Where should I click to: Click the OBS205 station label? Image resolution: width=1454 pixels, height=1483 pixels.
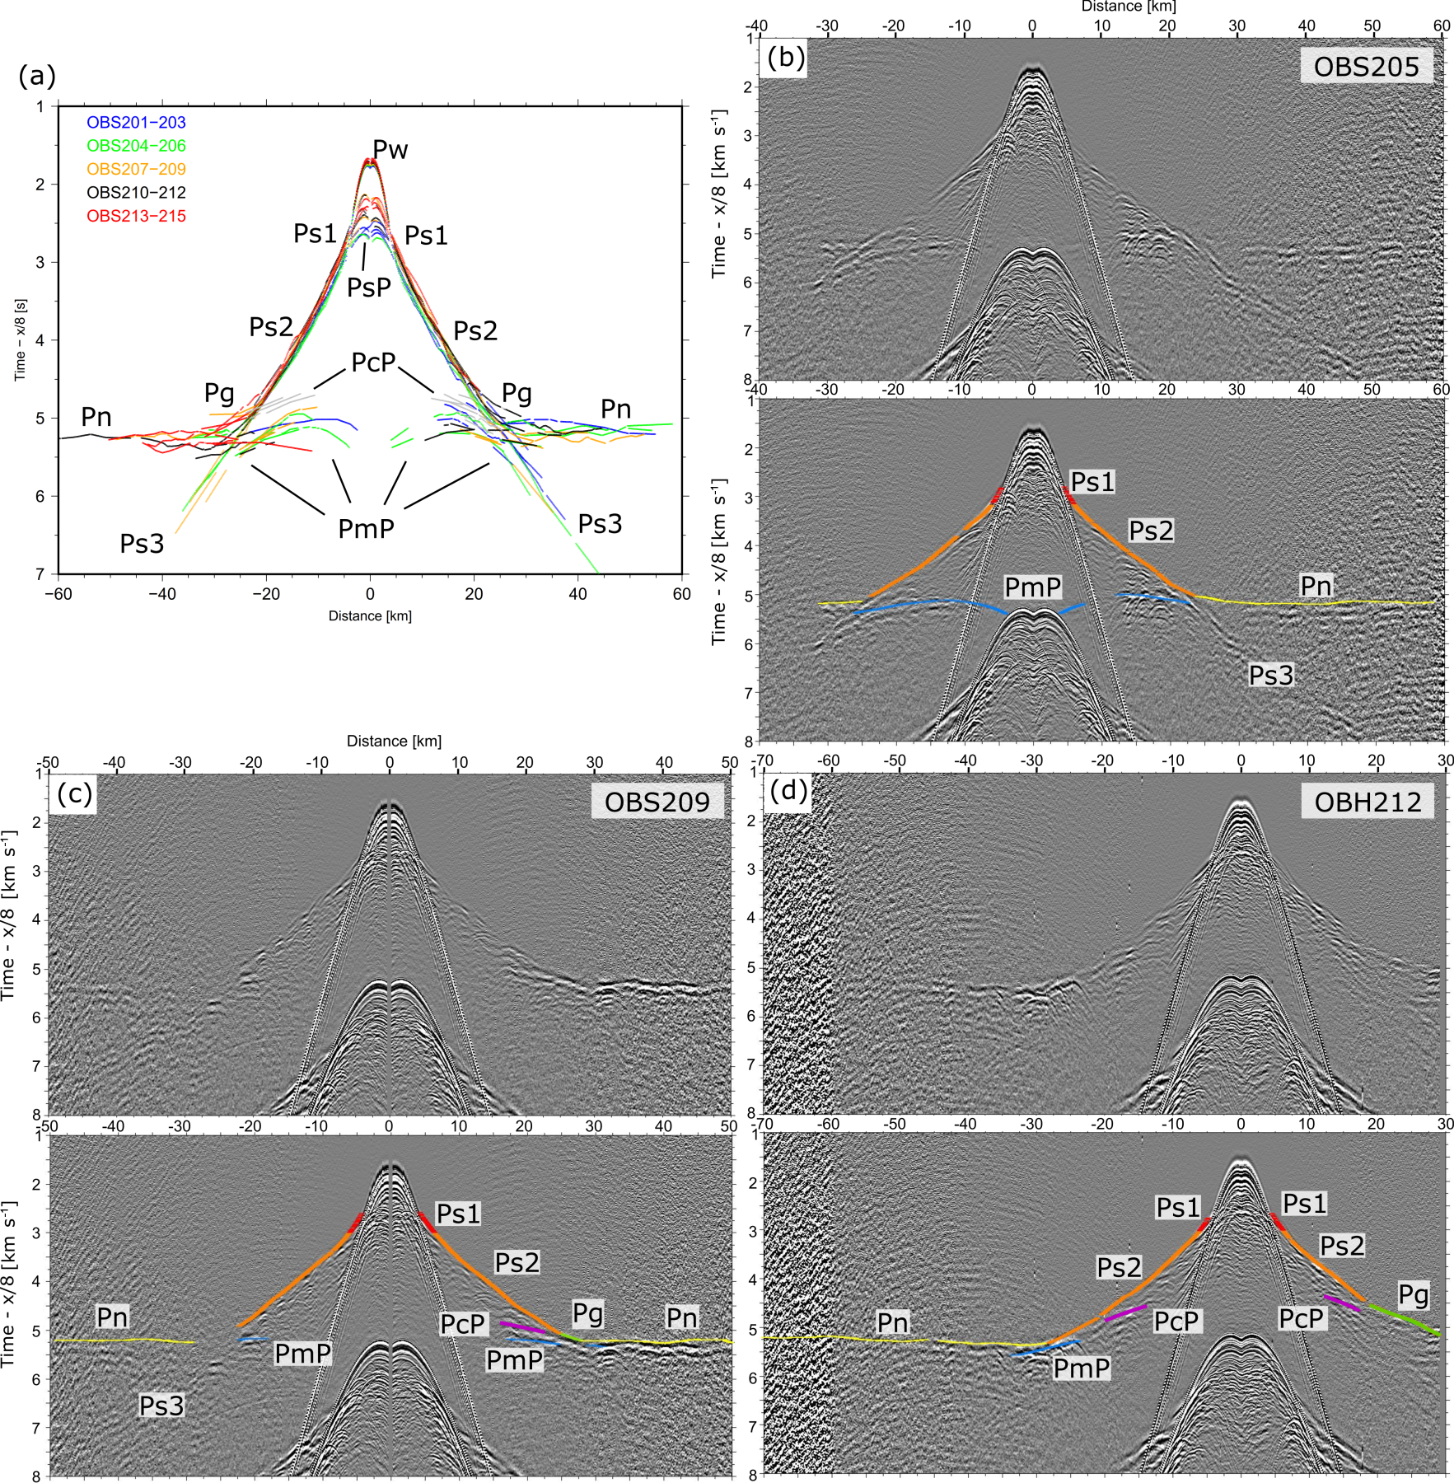tap(1366, 66)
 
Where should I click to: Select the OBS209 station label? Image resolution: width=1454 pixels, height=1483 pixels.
tap(657, 802)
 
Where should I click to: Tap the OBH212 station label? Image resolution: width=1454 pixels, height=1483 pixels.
tap(1367, 802)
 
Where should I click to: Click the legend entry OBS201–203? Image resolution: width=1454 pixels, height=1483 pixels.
tap(136, 123)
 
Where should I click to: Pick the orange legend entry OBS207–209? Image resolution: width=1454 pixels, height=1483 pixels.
tap(136, 169)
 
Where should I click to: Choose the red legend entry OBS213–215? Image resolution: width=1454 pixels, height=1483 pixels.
tap(136, 216)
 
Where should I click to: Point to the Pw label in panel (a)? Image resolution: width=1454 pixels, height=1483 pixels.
tap(390, 149)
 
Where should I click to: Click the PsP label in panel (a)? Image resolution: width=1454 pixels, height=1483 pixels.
tap(368, 288)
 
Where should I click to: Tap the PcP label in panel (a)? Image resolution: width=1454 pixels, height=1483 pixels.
tap(373, 362)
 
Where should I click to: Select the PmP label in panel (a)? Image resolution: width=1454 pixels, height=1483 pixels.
tap(366, 528)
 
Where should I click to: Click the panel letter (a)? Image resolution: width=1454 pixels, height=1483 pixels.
tap(37, 76)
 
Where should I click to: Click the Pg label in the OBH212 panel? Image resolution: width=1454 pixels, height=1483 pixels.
tap(1413, 1294)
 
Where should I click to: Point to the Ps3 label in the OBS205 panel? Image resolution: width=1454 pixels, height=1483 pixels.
tap(1270, 675)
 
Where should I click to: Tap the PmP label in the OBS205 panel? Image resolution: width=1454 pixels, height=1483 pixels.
tap(1032, 587)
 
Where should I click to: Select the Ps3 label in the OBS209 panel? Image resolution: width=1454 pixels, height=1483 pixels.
tap(161, 1406)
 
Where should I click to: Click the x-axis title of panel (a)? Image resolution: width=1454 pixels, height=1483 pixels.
tap(370, 615)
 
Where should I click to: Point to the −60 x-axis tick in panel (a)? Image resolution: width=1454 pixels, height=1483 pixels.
tap(59, 594)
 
